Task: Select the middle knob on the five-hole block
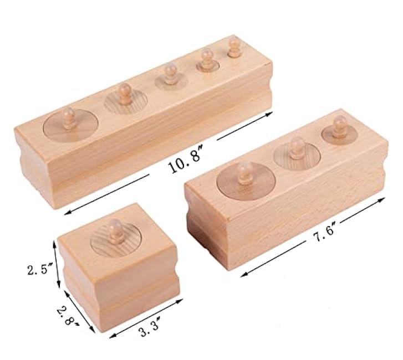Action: (170, 73)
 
